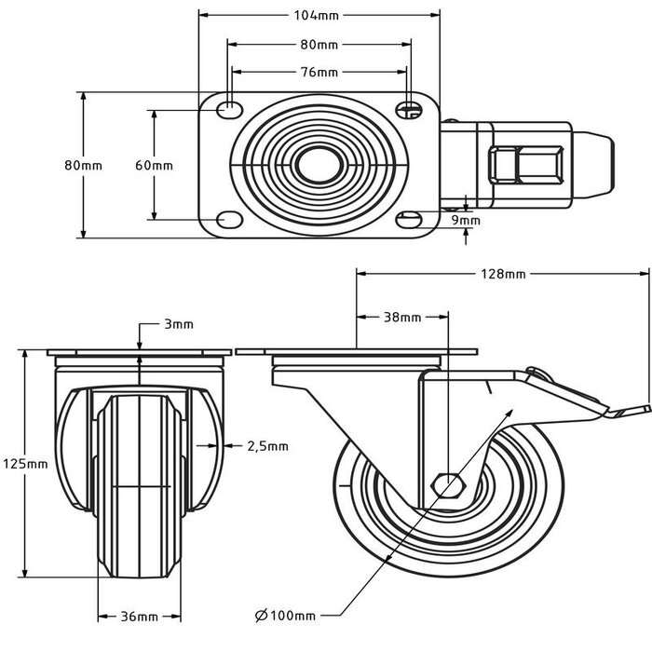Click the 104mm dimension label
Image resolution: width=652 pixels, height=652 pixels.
click(319, 16)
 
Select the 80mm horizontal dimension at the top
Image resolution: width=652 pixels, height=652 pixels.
click(319, 45)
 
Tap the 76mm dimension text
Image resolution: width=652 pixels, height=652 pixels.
click(319, 73)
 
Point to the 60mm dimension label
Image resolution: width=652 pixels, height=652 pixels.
click(154, 165)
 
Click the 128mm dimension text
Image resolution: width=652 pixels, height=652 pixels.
click(503, 274)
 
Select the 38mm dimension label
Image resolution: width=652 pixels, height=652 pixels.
click(401, 317)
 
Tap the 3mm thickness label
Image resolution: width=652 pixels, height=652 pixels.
click(178, 324)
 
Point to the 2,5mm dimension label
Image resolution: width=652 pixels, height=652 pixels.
click(266, 445)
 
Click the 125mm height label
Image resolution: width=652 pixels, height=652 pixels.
click(24, 463)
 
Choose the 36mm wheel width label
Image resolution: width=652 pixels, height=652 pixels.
click(139, 616)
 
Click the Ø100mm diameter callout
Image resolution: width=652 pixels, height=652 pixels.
click(284, 616)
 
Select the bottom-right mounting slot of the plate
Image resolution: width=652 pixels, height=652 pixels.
click(407, 220)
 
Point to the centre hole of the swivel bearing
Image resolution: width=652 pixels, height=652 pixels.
click(317, 166)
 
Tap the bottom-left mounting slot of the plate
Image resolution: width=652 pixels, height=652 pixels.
click(226, 220)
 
